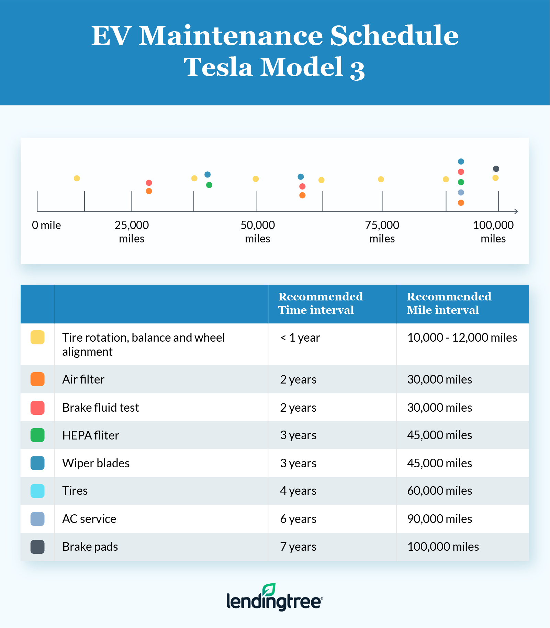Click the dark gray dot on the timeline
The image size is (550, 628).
(496, 169)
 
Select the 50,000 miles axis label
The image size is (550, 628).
(258, 232)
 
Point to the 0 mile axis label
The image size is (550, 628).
(46, 225)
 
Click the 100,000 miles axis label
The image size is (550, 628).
(493, 232)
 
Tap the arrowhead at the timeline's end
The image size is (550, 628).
(516, 211)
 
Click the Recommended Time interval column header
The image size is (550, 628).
(320, 303)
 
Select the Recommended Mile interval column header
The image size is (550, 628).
(449, 303)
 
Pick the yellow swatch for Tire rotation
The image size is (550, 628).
(37, 337)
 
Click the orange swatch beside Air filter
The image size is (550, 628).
(37, 379)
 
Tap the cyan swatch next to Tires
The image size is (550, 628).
(37, 491)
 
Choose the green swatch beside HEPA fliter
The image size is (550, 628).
(37, 435)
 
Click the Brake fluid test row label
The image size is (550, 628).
(101, 408)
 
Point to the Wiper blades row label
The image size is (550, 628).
(96, 463)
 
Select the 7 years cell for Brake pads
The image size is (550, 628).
(298, 547)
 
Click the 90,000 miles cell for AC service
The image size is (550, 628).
(439, 519)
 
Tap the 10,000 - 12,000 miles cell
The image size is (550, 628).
(462, 338)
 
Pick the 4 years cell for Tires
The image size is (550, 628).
(298, 491)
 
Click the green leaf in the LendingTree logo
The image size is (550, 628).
(269, 589)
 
